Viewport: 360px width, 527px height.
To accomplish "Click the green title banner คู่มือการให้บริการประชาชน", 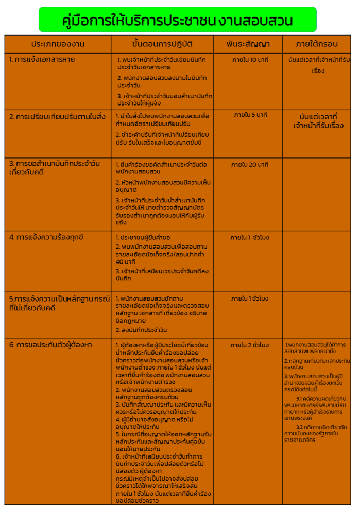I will (178, 20).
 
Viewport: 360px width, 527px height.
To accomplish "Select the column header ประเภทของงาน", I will (58, 44).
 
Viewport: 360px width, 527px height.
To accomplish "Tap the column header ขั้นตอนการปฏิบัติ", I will (162, 44).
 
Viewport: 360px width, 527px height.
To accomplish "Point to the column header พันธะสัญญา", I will (248, 44).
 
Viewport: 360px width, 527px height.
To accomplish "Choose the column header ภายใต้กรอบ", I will (317, 44).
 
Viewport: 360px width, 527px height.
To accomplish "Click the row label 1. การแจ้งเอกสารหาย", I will (42, 60).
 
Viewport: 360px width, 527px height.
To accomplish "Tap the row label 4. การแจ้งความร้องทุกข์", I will (46, 237).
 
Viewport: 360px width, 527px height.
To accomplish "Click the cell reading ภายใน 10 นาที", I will (250, 60).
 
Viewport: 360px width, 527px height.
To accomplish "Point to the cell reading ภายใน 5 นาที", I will (250, 114).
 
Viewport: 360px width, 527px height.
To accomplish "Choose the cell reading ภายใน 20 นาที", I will (250, 165).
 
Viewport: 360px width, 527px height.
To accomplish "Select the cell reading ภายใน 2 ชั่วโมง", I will (250, 345).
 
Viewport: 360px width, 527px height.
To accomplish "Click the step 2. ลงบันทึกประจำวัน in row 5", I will (141, 330).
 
